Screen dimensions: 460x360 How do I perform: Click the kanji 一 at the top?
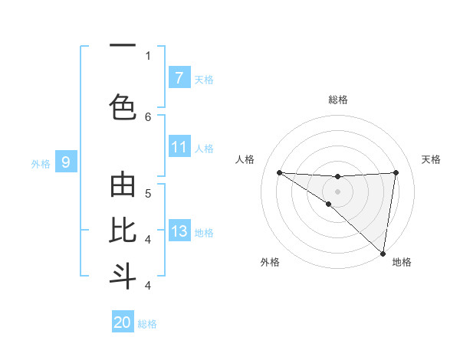[123, 45]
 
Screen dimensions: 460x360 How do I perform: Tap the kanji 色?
[123, 106]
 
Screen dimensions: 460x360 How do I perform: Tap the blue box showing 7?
[179, 78]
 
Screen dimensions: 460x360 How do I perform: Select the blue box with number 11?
[179, 147]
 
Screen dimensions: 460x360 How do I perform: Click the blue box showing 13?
[179, 231]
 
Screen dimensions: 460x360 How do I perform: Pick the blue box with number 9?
[66, 162]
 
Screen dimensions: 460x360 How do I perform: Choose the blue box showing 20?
[123, 322]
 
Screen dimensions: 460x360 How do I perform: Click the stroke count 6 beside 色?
[148, 116]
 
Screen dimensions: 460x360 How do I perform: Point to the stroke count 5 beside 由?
[148, 193]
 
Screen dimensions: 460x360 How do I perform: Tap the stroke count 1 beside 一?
[148, 55]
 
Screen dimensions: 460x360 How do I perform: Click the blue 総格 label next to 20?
[147, 324]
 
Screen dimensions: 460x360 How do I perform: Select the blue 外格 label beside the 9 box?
[40, 163]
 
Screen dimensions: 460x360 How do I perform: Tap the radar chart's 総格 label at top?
[337, 100]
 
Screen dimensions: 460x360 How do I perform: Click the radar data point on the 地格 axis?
[383, 253]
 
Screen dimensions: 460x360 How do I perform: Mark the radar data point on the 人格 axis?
[279, 172]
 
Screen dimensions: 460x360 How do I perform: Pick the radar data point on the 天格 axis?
[396, 172]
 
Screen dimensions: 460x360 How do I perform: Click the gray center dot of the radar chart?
[337, 190]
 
